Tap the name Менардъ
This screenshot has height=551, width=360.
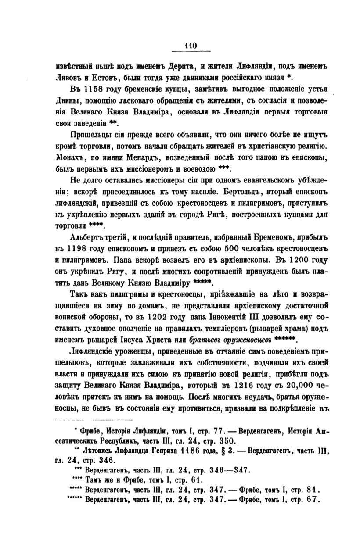163,156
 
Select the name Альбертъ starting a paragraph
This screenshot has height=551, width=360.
87,237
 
